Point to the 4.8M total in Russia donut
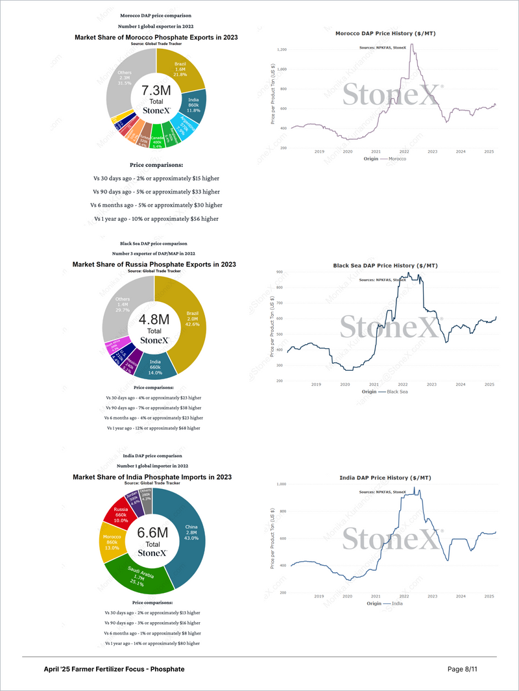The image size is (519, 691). click(x=154, y=320)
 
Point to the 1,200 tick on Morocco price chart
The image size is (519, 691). click(x=282, y=49)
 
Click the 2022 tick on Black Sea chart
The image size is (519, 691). click(x=403, y=384)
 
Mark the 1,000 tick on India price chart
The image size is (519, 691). click(x=282, y=484)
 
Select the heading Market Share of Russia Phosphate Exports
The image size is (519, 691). click(x=154, y=264)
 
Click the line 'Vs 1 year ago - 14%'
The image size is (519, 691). click(x=153, y=643)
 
